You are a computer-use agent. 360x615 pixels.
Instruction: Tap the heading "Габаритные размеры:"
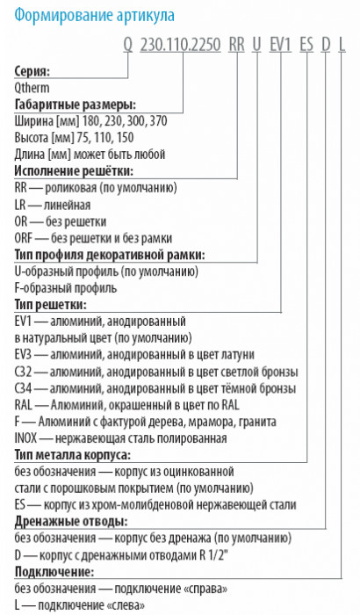(74, 105)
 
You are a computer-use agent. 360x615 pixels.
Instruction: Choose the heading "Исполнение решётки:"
(74, 171)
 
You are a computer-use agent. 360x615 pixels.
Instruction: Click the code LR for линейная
(22, 205)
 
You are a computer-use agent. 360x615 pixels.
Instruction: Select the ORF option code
(25, 238)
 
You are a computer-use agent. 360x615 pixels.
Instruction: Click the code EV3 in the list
(24, 354)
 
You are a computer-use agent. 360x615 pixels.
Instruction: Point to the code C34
(23, 387)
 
